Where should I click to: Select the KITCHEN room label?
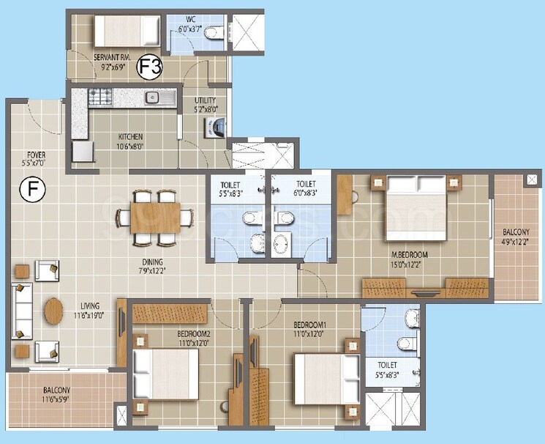[131, 136]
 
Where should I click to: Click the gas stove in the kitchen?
[100, 95]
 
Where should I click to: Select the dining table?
[157, 218]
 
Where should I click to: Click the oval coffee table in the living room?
[53, 311]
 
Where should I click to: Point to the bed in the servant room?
[127, 31]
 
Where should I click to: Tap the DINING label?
[153, 262]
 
